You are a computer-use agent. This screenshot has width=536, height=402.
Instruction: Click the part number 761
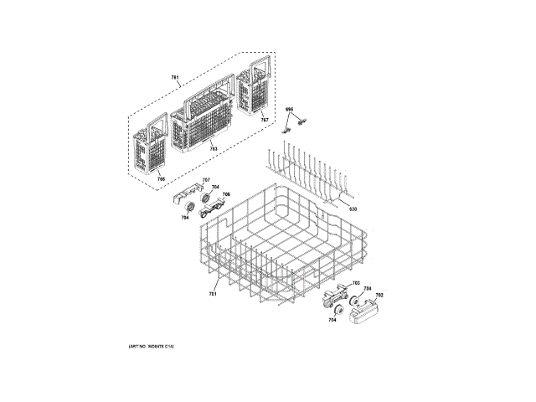pyautogui.click(x=176, y=78)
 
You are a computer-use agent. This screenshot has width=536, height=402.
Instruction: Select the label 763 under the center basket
pyautogui.click(x=214, y=149)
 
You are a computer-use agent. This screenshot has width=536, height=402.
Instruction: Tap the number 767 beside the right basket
pyautogui.click(x=265, y=121)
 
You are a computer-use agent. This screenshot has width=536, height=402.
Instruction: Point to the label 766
pyautogui.click(x=161, y=178)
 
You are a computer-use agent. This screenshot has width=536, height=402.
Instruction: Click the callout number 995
pyautogui.click(x=290, y=110)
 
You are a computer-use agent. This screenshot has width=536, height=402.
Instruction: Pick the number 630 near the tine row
pyautogui.click(x=353, y=209)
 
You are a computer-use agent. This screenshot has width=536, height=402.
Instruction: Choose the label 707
pyautogui.click(x=205, y=181)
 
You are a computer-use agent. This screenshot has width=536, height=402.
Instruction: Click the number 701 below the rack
pyautogui.click(x=213, y=294)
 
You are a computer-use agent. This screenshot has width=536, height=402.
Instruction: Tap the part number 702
pyautogui.click(x=379, y=295)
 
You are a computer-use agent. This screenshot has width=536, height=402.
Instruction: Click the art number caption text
pyautogui.click(x=157, y=346)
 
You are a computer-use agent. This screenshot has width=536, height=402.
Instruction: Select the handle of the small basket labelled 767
pyautogui.click(x=252, y=64)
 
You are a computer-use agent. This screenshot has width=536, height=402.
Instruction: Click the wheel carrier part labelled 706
pyautogui.click(x=214, y=202)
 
